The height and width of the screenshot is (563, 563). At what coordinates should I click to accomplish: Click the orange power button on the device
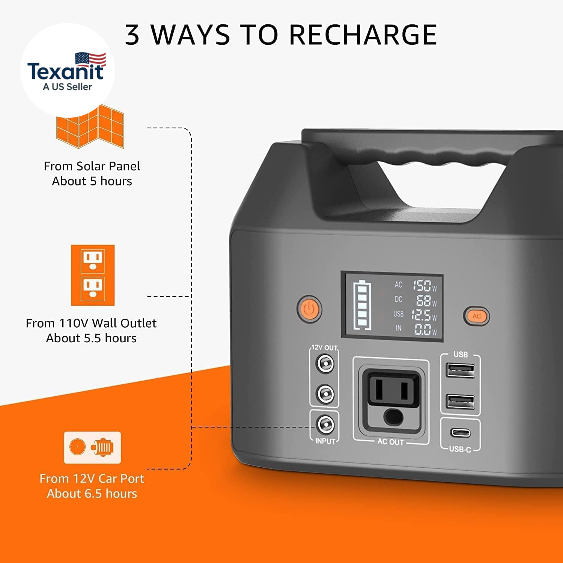click(x=309, y=309)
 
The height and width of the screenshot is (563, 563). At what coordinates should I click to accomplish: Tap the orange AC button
click(x=476, y=316)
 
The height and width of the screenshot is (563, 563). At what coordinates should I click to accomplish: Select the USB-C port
click(x=460, y=432)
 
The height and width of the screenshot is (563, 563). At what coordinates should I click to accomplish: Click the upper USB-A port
click(x=461, y=370)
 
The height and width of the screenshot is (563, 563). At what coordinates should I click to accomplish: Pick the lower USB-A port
click(x=461, y=401)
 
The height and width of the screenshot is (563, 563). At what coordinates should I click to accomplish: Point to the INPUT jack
click(x=325, y=425)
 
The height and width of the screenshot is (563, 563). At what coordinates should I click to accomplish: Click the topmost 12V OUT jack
click(x=325, y=363)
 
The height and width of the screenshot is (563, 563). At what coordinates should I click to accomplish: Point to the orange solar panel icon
click(x=90, y=126)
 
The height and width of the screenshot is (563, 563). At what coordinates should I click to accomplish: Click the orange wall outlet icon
click(x=93, y=275)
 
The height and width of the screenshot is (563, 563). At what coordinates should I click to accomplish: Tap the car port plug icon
click(x=92, y=447)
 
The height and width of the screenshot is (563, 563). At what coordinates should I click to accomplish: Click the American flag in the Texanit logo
click(x=90, y=60)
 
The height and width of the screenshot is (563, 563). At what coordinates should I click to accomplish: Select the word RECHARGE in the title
click(x=363, y=35)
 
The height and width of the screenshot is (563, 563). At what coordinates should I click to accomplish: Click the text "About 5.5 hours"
click(x=91, y=338)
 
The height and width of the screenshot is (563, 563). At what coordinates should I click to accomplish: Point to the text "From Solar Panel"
click(x=92, y=166)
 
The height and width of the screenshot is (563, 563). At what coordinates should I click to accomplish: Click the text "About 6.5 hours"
click(x=92, y=494)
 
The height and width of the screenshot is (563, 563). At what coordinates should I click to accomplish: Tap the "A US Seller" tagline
click(x=67, y=87)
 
